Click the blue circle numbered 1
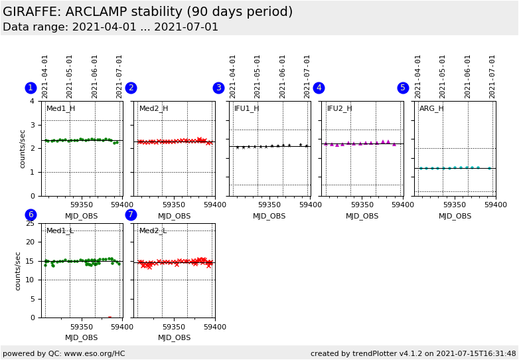[x=31, y=88]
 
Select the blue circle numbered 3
[x=218, y=88]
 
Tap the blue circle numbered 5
[x=403, y=88]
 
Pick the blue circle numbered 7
[x=131, y=215]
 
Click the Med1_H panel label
[x=60, y=108]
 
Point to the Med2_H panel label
[x=153, y=108]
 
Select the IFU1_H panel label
[x=246, y=108]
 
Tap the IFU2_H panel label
[x=339, y=108]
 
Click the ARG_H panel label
[x=431, y=108]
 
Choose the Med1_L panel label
[x=60, y=230]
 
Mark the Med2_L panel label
[x=153, y=230]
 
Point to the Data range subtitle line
[x=110, y=27]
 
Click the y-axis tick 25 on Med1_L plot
[x=29, y=223]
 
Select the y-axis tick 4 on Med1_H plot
[x=32, y=101]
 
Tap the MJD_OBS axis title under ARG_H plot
[x=455, y=216]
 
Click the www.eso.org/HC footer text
[x=64, y=353]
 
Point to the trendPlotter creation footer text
[x=413, y=353]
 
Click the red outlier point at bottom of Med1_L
[x=110, y=317]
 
